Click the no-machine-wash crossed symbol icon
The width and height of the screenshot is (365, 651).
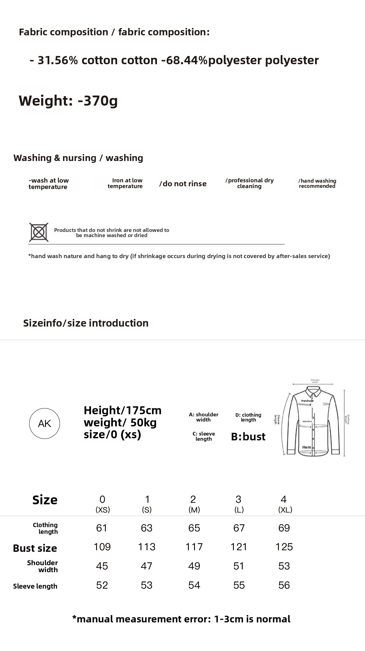point(39,232)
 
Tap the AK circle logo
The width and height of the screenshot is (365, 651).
point(44,423)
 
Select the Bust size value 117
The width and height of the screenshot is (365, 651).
point(194,547)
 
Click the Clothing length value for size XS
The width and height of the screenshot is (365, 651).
point(102,528)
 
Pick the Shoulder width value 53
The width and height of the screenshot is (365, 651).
point(284,566)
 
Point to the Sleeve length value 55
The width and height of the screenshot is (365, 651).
point(239,585)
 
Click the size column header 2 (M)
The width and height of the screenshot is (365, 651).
point(194,504)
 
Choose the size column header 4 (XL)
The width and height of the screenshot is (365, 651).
point(285,504)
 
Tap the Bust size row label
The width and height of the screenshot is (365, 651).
point(35,548)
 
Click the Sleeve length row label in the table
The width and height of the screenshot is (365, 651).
point(35,586)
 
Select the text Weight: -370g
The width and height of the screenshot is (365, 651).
point(68,101)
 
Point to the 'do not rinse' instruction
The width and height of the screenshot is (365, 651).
point(183,184)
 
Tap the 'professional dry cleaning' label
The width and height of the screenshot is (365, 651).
point(249,183)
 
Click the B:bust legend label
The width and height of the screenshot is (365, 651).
point(248,437)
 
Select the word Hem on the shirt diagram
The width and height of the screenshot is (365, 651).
point(307,447)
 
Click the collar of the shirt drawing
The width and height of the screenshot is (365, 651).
point(313,391)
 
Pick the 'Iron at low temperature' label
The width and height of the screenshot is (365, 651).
point(125,183)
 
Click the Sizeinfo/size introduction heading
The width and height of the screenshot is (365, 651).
point(86,323)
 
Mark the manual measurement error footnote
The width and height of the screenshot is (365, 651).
point(181,619)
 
